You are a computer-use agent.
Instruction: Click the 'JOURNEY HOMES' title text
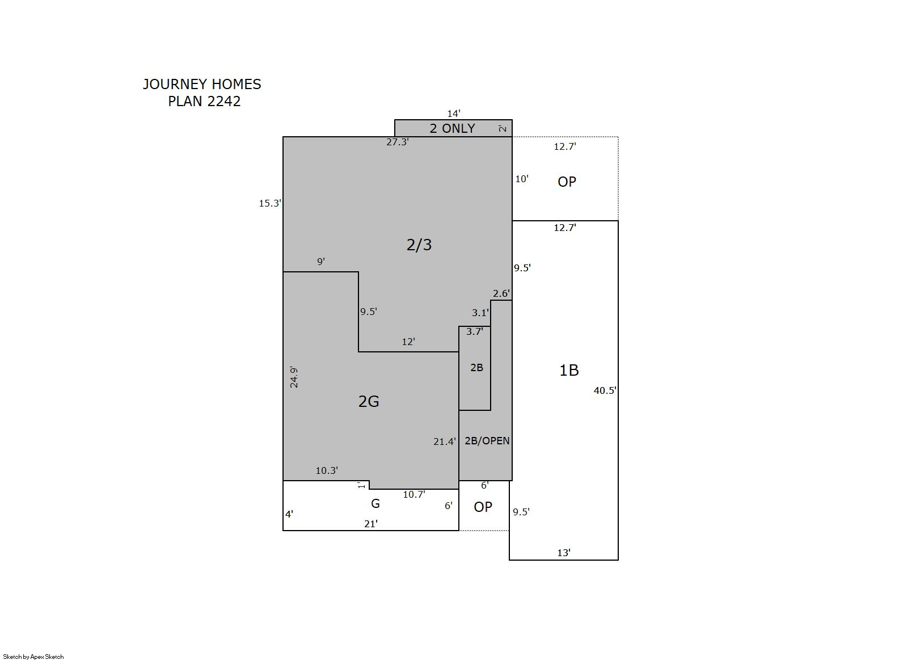coord(202,85)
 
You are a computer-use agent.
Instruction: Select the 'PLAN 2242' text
coord(204,101)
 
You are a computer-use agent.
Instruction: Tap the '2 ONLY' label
coord(452,128)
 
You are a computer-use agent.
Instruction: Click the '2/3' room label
coord(419,245)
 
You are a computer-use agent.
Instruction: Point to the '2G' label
coord(369,401)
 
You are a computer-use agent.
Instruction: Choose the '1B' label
coord(569,370)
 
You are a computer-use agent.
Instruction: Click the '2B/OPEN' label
coord(487,441)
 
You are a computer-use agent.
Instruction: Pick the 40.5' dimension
coord(605,390)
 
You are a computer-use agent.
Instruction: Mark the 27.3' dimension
coord(398,142)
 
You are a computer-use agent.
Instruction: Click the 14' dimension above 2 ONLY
coord(454,113)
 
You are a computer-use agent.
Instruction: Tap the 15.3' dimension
coord(270,203)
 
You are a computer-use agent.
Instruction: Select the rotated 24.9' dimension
coord(294,377)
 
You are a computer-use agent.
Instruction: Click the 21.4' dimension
coord(444,442)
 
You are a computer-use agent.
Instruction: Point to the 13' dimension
coord(564,553)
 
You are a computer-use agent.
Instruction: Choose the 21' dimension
coord(371,524)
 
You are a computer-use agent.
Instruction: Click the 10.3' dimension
coord(327,470)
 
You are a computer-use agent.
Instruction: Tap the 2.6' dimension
coord(501,293)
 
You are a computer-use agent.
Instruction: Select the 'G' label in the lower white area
coord(375,503)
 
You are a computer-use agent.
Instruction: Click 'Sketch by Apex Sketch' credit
coord(33,657)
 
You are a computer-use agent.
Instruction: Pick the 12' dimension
coord(408,342)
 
